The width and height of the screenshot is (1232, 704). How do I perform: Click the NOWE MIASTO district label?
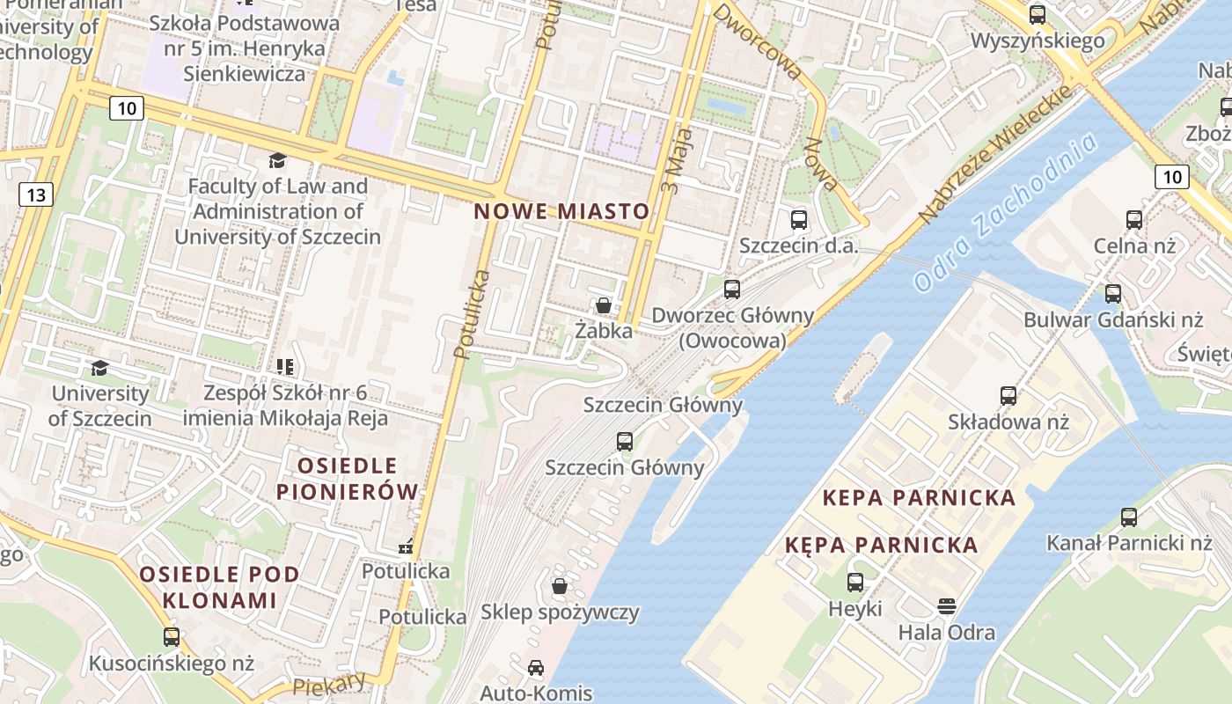coord(561,211)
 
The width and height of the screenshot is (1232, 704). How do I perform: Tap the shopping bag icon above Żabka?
coord(604,305)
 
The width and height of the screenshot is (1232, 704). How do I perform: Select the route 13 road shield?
coord(35,194)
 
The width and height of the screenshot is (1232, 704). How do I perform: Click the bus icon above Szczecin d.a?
coord(799,220)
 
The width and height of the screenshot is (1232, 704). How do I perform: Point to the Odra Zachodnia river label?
coord(1006,214)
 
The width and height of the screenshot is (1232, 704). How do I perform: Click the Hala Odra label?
coord(946,632)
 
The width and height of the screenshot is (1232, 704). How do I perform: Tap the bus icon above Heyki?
coord(854,582)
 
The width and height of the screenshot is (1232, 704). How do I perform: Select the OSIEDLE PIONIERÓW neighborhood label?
coord(348,479)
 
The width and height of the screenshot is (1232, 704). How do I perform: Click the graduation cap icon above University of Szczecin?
coord(99,368)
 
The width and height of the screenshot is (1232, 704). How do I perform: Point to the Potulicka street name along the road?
coord(473,314)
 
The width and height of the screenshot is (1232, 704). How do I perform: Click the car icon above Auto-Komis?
coord(536,668)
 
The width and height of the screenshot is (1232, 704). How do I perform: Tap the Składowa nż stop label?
coord(1008,422)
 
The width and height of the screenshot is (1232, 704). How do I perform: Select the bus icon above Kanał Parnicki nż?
coord(1129,517)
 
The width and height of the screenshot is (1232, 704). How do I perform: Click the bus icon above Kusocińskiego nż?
coord(172,636)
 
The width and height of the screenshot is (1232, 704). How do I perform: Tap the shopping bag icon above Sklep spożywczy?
coord(560,586)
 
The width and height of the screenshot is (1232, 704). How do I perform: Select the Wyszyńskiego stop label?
coord(1038,40)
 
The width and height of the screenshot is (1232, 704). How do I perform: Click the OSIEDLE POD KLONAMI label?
coord(220,587)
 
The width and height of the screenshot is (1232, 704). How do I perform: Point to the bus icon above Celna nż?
coord(1134,220)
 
